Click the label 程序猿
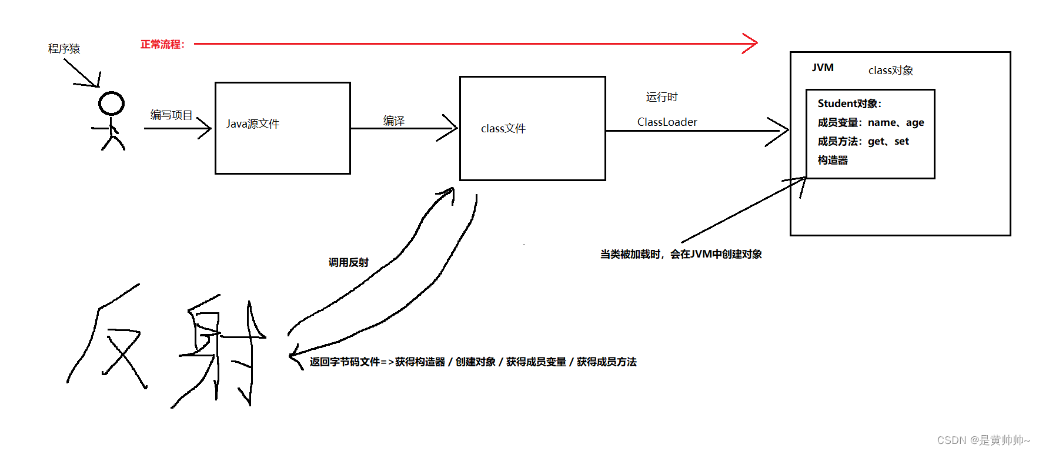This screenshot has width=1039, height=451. tap(64, 49)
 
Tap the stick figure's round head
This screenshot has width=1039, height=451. tap(111, 103)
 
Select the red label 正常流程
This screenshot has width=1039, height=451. tap(162, 44)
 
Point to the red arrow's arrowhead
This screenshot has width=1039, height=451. tap(751, 43)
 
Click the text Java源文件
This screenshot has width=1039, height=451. tap(253, 124)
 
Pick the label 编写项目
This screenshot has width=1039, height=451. tap(171, 115)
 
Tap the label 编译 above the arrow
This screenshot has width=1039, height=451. tap(394, 121)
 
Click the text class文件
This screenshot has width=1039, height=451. tap(503, 129)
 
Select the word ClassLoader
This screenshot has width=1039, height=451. tap(667, 122)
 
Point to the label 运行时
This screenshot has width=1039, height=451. tap(662, 97)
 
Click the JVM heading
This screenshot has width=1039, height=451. tap(823, 68)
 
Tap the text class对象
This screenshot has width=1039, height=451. tap(891, 71)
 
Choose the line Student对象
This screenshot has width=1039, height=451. tap(849, 103)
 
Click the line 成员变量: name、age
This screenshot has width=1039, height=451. tap(870, 122)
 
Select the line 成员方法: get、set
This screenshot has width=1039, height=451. tap(863, 141)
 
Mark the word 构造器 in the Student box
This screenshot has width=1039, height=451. tap(833, 160)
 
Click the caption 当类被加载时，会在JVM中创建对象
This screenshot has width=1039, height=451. tap(681, 254)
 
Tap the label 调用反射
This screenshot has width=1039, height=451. tap(349, 262)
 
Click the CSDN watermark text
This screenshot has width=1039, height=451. tap(983, 440)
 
